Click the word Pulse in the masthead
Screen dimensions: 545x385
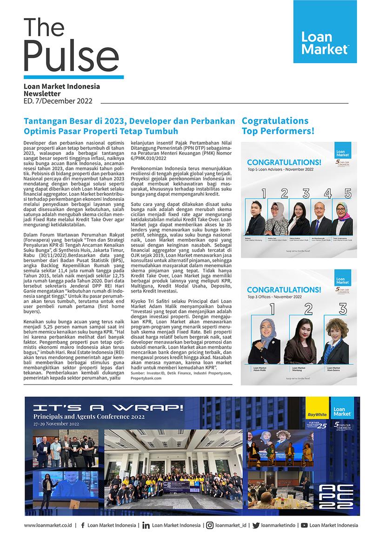(x=65, y=55)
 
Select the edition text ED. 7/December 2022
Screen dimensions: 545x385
(x=58, y=101)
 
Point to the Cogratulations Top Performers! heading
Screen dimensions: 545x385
(x=278, y=126)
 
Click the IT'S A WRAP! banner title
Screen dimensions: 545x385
(x=108, y=408)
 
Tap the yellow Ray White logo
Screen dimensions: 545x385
(x=316, y=413)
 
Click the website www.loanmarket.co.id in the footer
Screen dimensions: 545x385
(x=47, y=525)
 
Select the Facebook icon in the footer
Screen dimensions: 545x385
(x=82, y=525)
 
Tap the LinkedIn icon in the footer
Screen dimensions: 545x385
(x=146, y=525)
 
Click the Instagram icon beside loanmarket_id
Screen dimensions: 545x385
(x=210, y=525)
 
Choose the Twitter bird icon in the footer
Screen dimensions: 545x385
(x=255, y=525)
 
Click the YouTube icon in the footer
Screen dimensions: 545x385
(x=304, y=525)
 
